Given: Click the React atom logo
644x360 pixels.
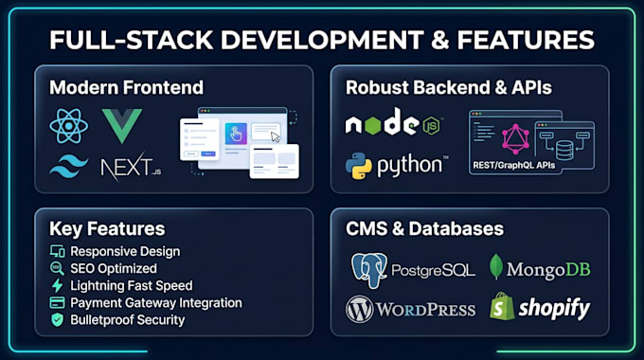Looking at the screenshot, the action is coord(68,126).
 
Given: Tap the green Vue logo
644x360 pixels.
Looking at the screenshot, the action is coord(122,123).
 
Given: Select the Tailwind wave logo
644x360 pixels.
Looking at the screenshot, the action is coord(68,166).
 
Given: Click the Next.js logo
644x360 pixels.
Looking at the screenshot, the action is coord(131,167).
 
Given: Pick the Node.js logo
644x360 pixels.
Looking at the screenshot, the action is coord(393,122).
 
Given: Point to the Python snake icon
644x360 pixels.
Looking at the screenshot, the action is coord(359,166).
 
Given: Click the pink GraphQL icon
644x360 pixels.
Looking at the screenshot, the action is coord(515,138).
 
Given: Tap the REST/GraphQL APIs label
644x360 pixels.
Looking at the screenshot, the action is coord(514,165).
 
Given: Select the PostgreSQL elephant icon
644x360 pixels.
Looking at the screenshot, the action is coord(369,270).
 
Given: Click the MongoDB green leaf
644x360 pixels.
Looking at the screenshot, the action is coord(496,267).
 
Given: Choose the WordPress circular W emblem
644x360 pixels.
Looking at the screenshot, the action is coord(359,310).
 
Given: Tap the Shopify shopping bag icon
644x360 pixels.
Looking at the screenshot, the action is coord(502,306).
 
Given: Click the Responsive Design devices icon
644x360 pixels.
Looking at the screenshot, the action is coord(57,251).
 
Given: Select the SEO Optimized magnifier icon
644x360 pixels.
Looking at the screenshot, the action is coord(57,268).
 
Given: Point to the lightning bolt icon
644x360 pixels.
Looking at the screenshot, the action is coord(57,285).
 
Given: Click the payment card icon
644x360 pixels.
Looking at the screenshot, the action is coord(57,303).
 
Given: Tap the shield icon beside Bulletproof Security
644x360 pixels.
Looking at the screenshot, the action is coord(57,320).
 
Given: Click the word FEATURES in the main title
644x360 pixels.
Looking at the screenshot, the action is coord(526,40).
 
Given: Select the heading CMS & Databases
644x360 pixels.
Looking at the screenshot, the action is coord(424,228).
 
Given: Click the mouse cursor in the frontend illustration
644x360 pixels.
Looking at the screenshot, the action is coord(276,136).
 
